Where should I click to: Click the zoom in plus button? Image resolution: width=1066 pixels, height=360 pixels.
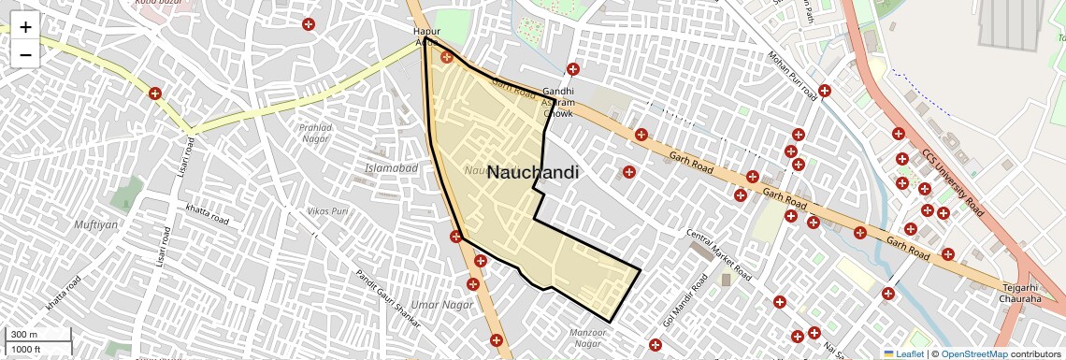click(x=25, y=27)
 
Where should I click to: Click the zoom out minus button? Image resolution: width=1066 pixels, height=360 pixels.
click(x=25, y=54)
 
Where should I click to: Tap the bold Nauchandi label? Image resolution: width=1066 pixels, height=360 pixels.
click(x=533, y=173)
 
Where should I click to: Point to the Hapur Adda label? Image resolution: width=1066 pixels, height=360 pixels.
click(x=426, y=36)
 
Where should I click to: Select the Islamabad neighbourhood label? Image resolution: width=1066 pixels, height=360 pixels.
click(x=391, y=167)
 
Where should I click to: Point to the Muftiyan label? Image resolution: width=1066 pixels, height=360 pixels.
click(x=95, y=224)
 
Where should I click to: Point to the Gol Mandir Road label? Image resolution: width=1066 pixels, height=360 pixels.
click(x=685, y=300)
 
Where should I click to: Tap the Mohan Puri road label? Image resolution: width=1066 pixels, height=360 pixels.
click(x=792, y=75)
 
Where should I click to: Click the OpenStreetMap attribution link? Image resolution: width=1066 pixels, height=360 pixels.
click(x=973, y=353)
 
